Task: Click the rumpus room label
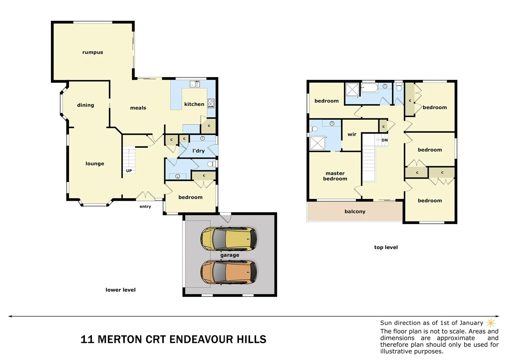93,52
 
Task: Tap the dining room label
86,105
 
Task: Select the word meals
138,108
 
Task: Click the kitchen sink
195,84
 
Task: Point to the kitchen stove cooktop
211,103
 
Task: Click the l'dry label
199,151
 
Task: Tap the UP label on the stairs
129,171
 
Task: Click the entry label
145,207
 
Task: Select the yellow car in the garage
229,239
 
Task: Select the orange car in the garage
229,272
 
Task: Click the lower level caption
121,290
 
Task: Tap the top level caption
386,247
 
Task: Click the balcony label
355,211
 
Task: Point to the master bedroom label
335,176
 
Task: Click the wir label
352,134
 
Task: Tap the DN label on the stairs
384,140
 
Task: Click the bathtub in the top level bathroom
369,88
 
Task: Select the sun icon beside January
491,323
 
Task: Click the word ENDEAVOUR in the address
201,339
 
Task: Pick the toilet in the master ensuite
314,129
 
